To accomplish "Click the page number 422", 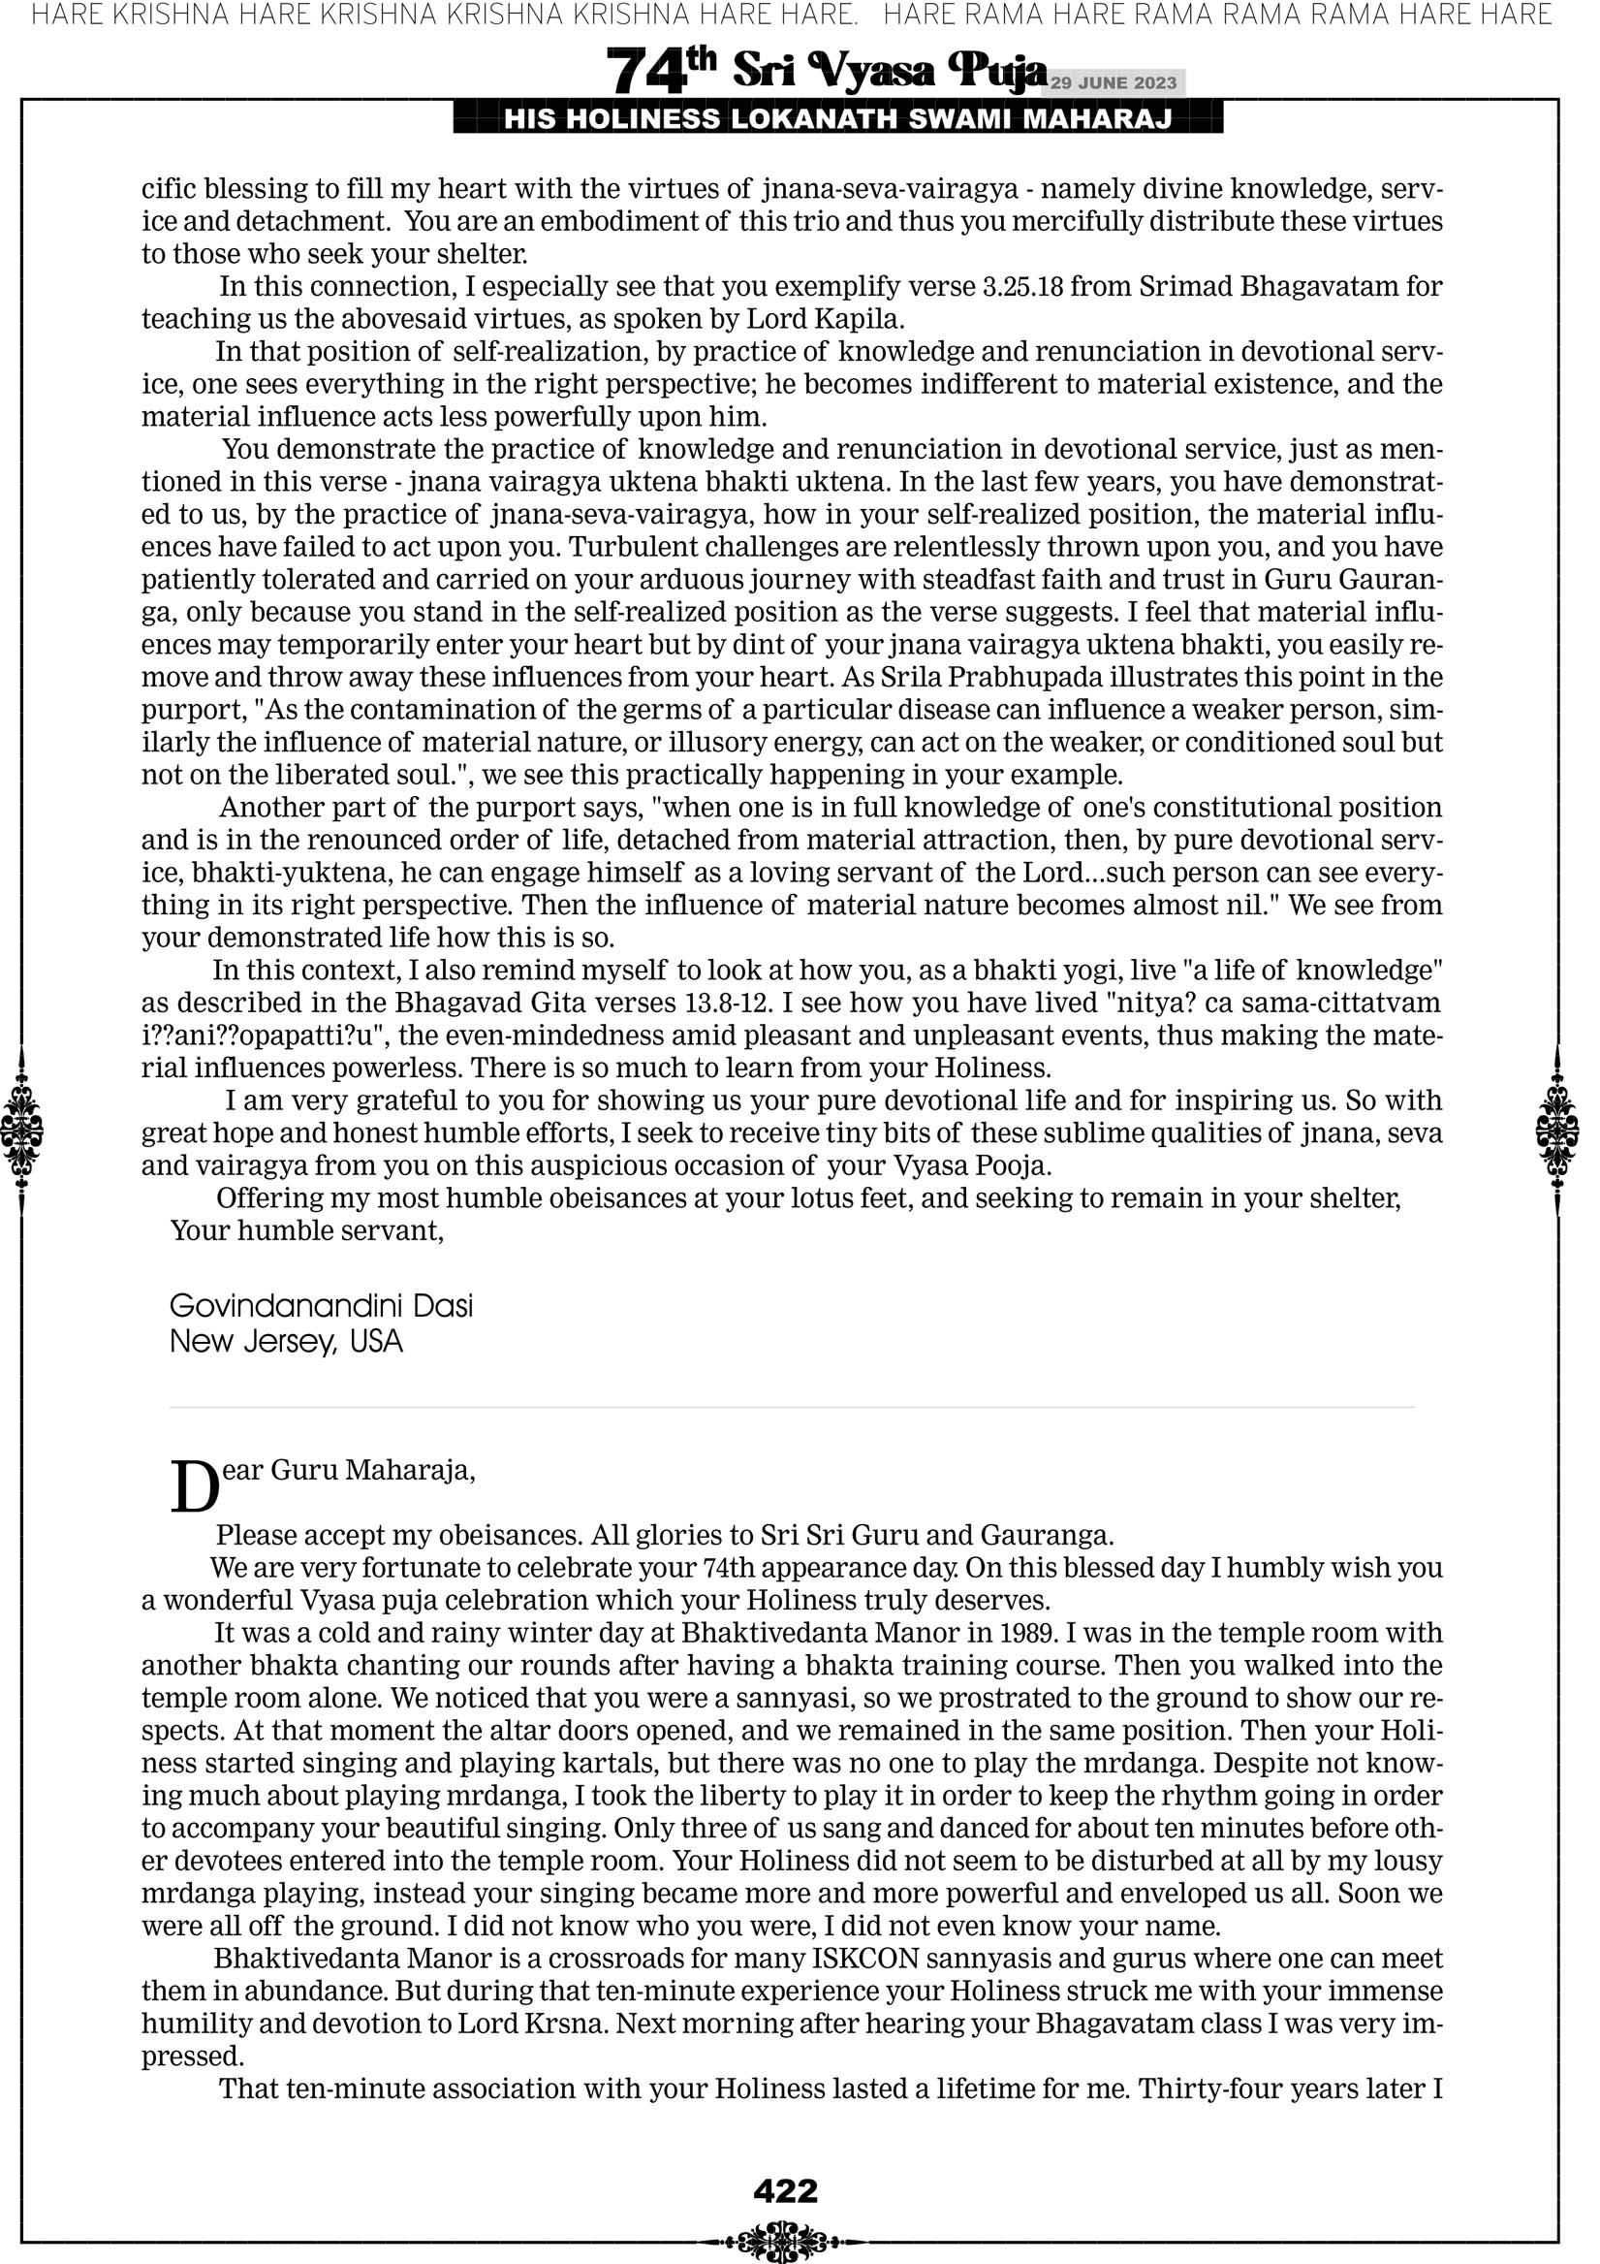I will [x=785, y=2191].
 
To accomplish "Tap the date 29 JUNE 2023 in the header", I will [x=1113, y=82].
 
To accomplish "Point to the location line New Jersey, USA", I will [x=286, y=1341].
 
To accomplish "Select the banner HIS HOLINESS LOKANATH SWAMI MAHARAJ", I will [x=838, y=119].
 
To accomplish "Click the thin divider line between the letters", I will [x=792, y=1407].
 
